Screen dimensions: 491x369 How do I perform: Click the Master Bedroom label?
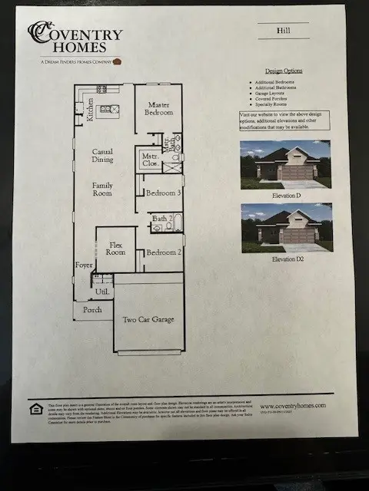coord(159,108)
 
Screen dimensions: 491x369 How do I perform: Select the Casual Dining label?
coord(103,156)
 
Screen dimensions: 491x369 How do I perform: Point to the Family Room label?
coord(102,189)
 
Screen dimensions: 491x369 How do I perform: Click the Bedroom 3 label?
coord(163,193)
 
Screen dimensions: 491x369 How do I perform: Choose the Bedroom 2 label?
coord(163,252)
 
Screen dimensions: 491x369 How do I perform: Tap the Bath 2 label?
coord(160,219)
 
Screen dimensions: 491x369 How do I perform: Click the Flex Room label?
coord(115,248)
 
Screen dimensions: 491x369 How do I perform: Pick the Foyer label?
coord(84,266)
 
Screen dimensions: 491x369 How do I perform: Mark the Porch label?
coord(92,310)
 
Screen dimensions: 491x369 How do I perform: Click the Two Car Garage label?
coord(148,319)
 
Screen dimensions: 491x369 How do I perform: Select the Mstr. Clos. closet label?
coord(150,159)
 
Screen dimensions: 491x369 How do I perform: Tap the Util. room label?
coord(101,292)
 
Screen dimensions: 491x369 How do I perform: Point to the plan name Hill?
coord(284,32)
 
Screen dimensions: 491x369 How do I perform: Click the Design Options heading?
coord(284,71)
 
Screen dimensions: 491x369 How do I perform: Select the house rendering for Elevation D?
coord(285,164)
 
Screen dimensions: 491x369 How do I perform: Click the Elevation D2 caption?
coord(285,259)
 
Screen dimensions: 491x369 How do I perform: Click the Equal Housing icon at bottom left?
coord(33,407)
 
